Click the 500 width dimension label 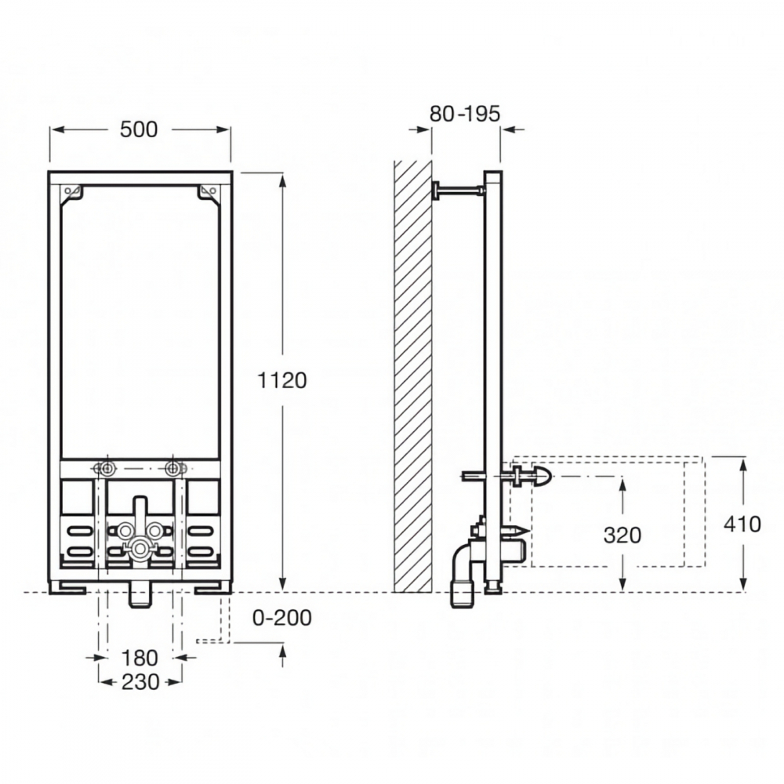pos(139,129)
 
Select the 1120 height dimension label pos(282,380)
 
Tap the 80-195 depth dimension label pos(465,114)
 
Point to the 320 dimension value pos(622,535)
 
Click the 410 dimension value pos(742,524)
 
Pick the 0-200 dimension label pos(282,618)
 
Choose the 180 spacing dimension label pos(140,658)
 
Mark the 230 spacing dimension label pos(140,681)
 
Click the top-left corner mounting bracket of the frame pos(72,194)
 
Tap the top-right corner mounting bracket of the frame pos(209,194)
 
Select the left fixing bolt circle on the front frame pos(107,469)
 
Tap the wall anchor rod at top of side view pos(458,190)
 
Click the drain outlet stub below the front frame pos(140,594)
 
